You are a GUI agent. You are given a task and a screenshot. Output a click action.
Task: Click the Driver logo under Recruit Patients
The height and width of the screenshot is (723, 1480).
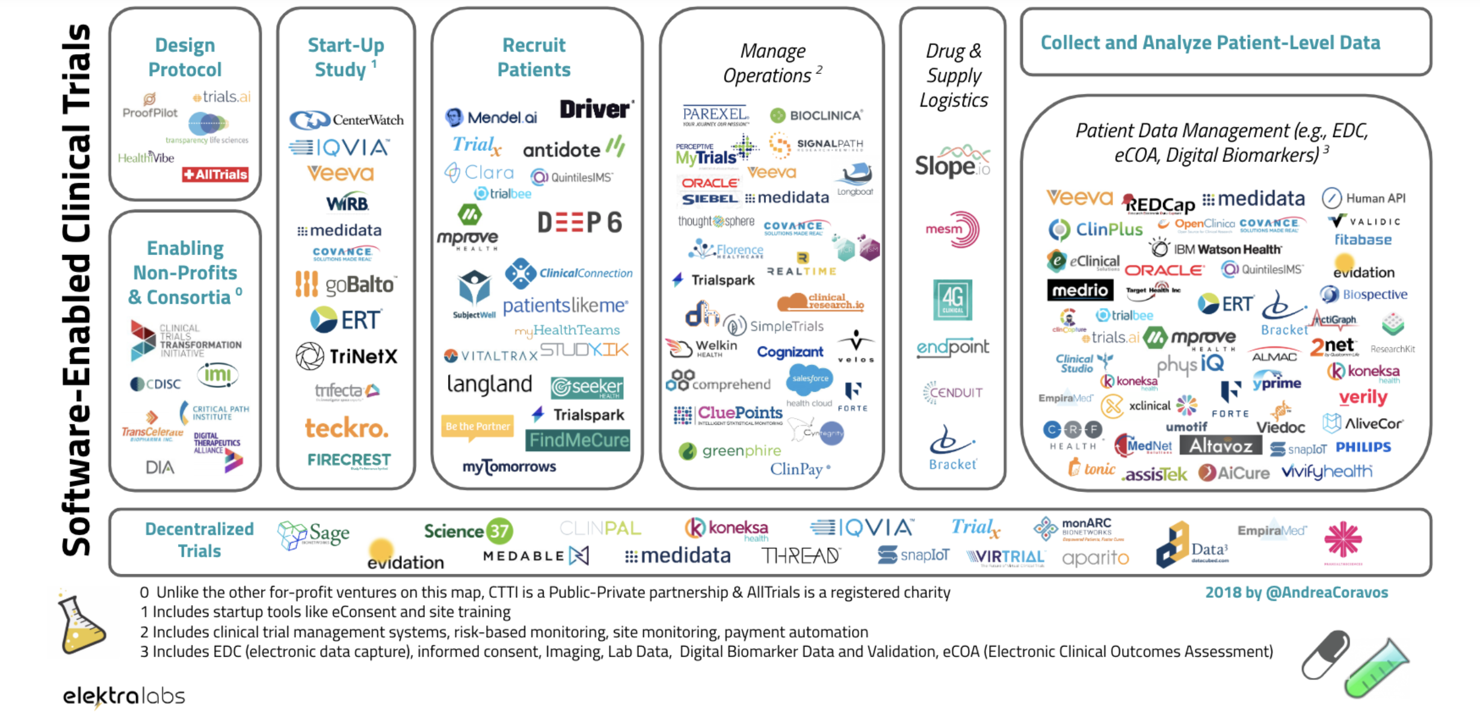[595, 109]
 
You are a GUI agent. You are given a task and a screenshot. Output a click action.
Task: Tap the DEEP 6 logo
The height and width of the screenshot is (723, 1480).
[579, 223]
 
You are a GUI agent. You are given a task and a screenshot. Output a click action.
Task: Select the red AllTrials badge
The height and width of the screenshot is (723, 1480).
[215, 174]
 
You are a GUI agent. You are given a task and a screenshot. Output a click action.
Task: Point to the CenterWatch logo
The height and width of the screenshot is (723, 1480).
[347, 120]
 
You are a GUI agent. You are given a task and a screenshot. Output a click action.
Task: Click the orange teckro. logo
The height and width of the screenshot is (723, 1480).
[347, 428]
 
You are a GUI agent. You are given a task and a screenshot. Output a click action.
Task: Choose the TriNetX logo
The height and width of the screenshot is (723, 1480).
[347, 357]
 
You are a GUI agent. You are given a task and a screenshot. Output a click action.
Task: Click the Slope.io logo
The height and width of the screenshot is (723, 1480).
[952, 162]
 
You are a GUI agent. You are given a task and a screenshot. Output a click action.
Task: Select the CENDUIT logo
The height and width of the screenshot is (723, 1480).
[952, 393]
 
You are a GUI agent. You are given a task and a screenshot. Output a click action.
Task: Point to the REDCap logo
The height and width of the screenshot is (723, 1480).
[1159, 204]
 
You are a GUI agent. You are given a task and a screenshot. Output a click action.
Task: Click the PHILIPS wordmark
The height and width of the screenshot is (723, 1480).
[1363, 447]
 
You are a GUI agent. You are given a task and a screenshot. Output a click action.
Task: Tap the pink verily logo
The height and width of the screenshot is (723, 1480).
[1363, 397]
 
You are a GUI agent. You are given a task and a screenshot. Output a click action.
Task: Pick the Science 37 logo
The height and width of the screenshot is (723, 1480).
[468, 531]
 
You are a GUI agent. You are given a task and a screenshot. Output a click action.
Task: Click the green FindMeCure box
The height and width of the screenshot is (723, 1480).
[578, 440]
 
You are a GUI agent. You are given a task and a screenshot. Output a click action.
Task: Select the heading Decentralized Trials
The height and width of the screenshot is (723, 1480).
[199, 540]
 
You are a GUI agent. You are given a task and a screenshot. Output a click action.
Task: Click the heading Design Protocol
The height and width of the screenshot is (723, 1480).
[185, 57]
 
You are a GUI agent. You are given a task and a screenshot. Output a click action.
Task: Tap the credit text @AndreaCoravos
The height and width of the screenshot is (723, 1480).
[1327, 592]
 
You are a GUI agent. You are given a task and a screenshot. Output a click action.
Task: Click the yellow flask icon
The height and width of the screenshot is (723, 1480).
[81, 626]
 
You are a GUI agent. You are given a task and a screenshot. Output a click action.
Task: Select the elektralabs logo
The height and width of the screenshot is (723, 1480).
[124, 697]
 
